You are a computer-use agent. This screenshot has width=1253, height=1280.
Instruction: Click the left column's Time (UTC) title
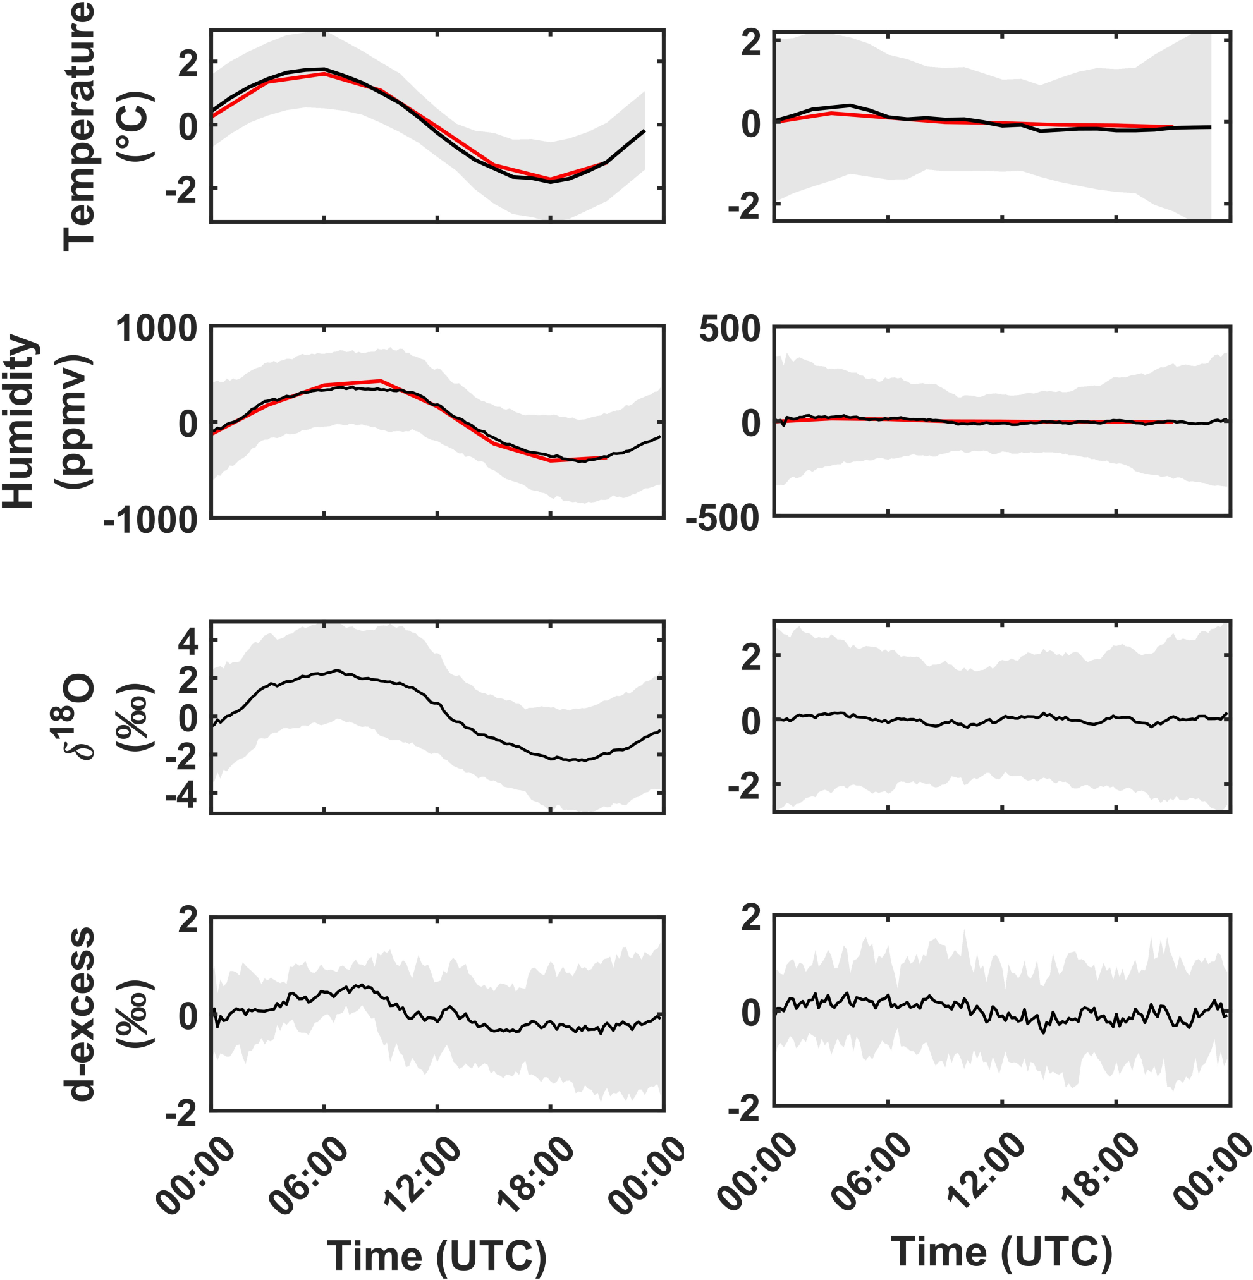coord(436,1255)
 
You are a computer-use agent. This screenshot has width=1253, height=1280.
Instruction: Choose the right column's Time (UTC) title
coord(1001,1250)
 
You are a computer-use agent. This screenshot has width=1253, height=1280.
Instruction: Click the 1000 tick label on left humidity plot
coord(157,327)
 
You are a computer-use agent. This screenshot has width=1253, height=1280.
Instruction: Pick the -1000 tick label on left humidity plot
coord(150,520)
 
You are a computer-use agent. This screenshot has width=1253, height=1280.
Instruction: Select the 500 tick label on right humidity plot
coord(729,327)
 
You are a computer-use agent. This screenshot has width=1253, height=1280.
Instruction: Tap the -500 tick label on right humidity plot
coord(723,518)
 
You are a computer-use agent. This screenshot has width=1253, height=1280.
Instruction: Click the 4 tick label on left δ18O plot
coord(188,641)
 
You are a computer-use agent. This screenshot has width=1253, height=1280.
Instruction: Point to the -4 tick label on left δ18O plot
coord(181,796)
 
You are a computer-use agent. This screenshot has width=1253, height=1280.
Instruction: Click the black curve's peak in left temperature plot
coord(323,68)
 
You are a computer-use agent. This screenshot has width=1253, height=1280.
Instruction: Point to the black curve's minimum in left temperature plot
coord(551,181)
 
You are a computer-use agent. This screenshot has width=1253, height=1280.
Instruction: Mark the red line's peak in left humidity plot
coord(381,381)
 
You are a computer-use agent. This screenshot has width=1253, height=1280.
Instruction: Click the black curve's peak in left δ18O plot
coord(337,670)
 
